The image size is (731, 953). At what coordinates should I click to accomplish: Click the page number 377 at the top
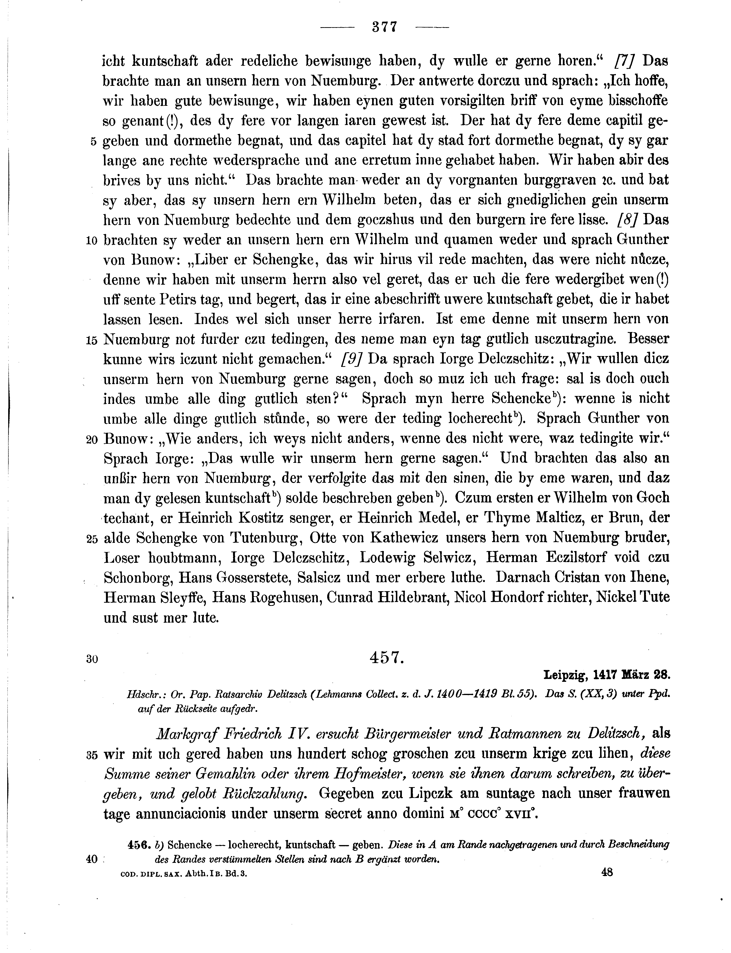tap(385, 27)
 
